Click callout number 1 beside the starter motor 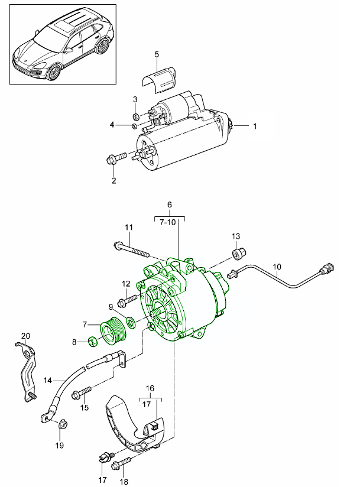255,126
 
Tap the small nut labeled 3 135,116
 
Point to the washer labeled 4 135,125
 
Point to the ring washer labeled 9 130,323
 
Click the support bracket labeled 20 26,369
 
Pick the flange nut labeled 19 64,424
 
